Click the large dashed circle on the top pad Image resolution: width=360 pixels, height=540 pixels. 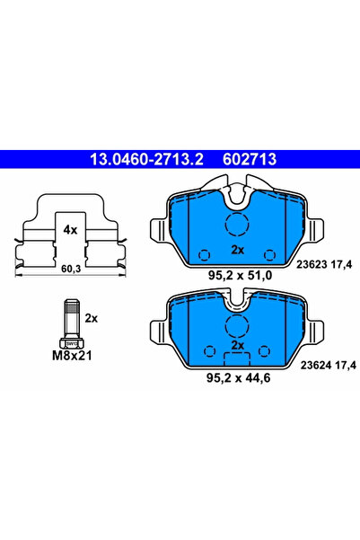[238, 226]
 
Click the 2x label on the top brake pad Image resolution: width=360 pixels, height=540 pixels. [238, 249]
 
